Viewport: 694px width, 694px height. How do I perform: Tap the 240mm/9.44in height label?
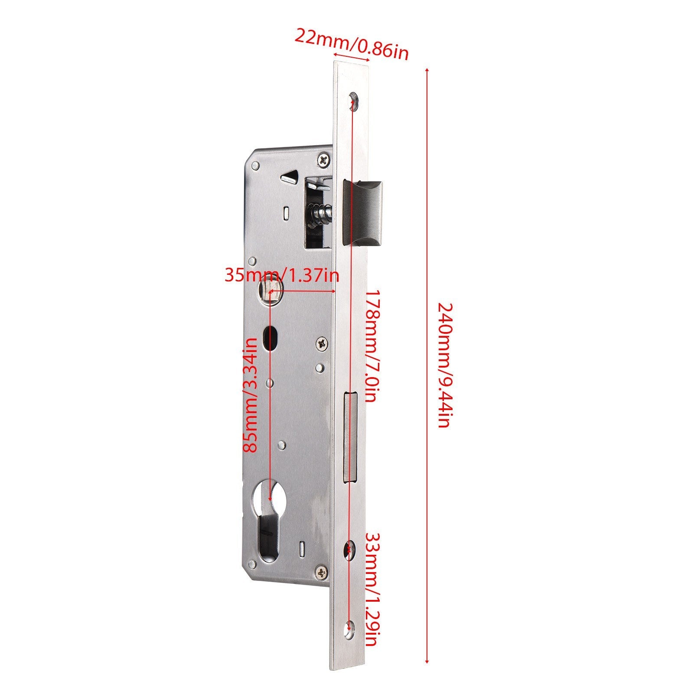(446, 365)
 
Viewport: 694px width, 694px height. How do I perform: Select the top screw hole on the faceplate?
(354, 101)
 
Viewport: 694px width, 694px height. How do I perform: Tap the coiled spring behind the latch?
(323, 214)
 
